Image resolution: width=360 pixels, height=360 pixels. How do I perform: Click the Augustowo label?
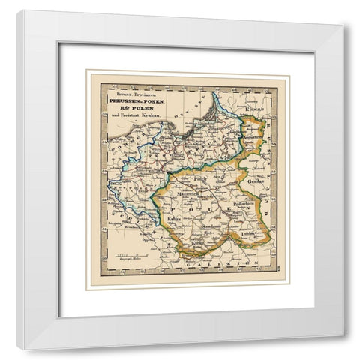coord(255,138)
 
